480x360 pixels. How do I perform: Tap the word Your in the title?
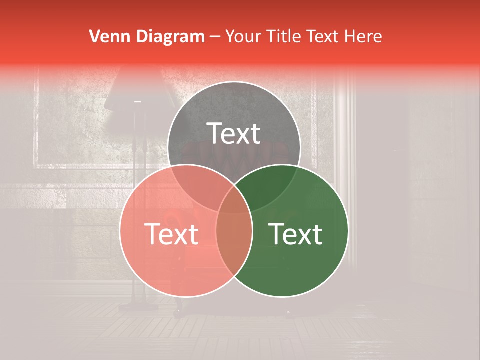click(x=244, y=36)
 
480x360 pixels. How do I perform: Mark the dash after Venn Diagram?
click(x=215, y=37)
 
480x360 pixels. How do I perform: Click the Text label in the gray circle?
click(x=234, y=133)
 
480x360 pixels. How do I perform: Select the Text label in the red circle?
click(x=171, y=234)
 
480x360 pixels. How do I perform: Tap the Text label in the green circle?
click(x=296, y=234)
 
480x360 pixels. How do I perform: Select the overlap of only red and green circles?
click(x=234, y=245)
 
